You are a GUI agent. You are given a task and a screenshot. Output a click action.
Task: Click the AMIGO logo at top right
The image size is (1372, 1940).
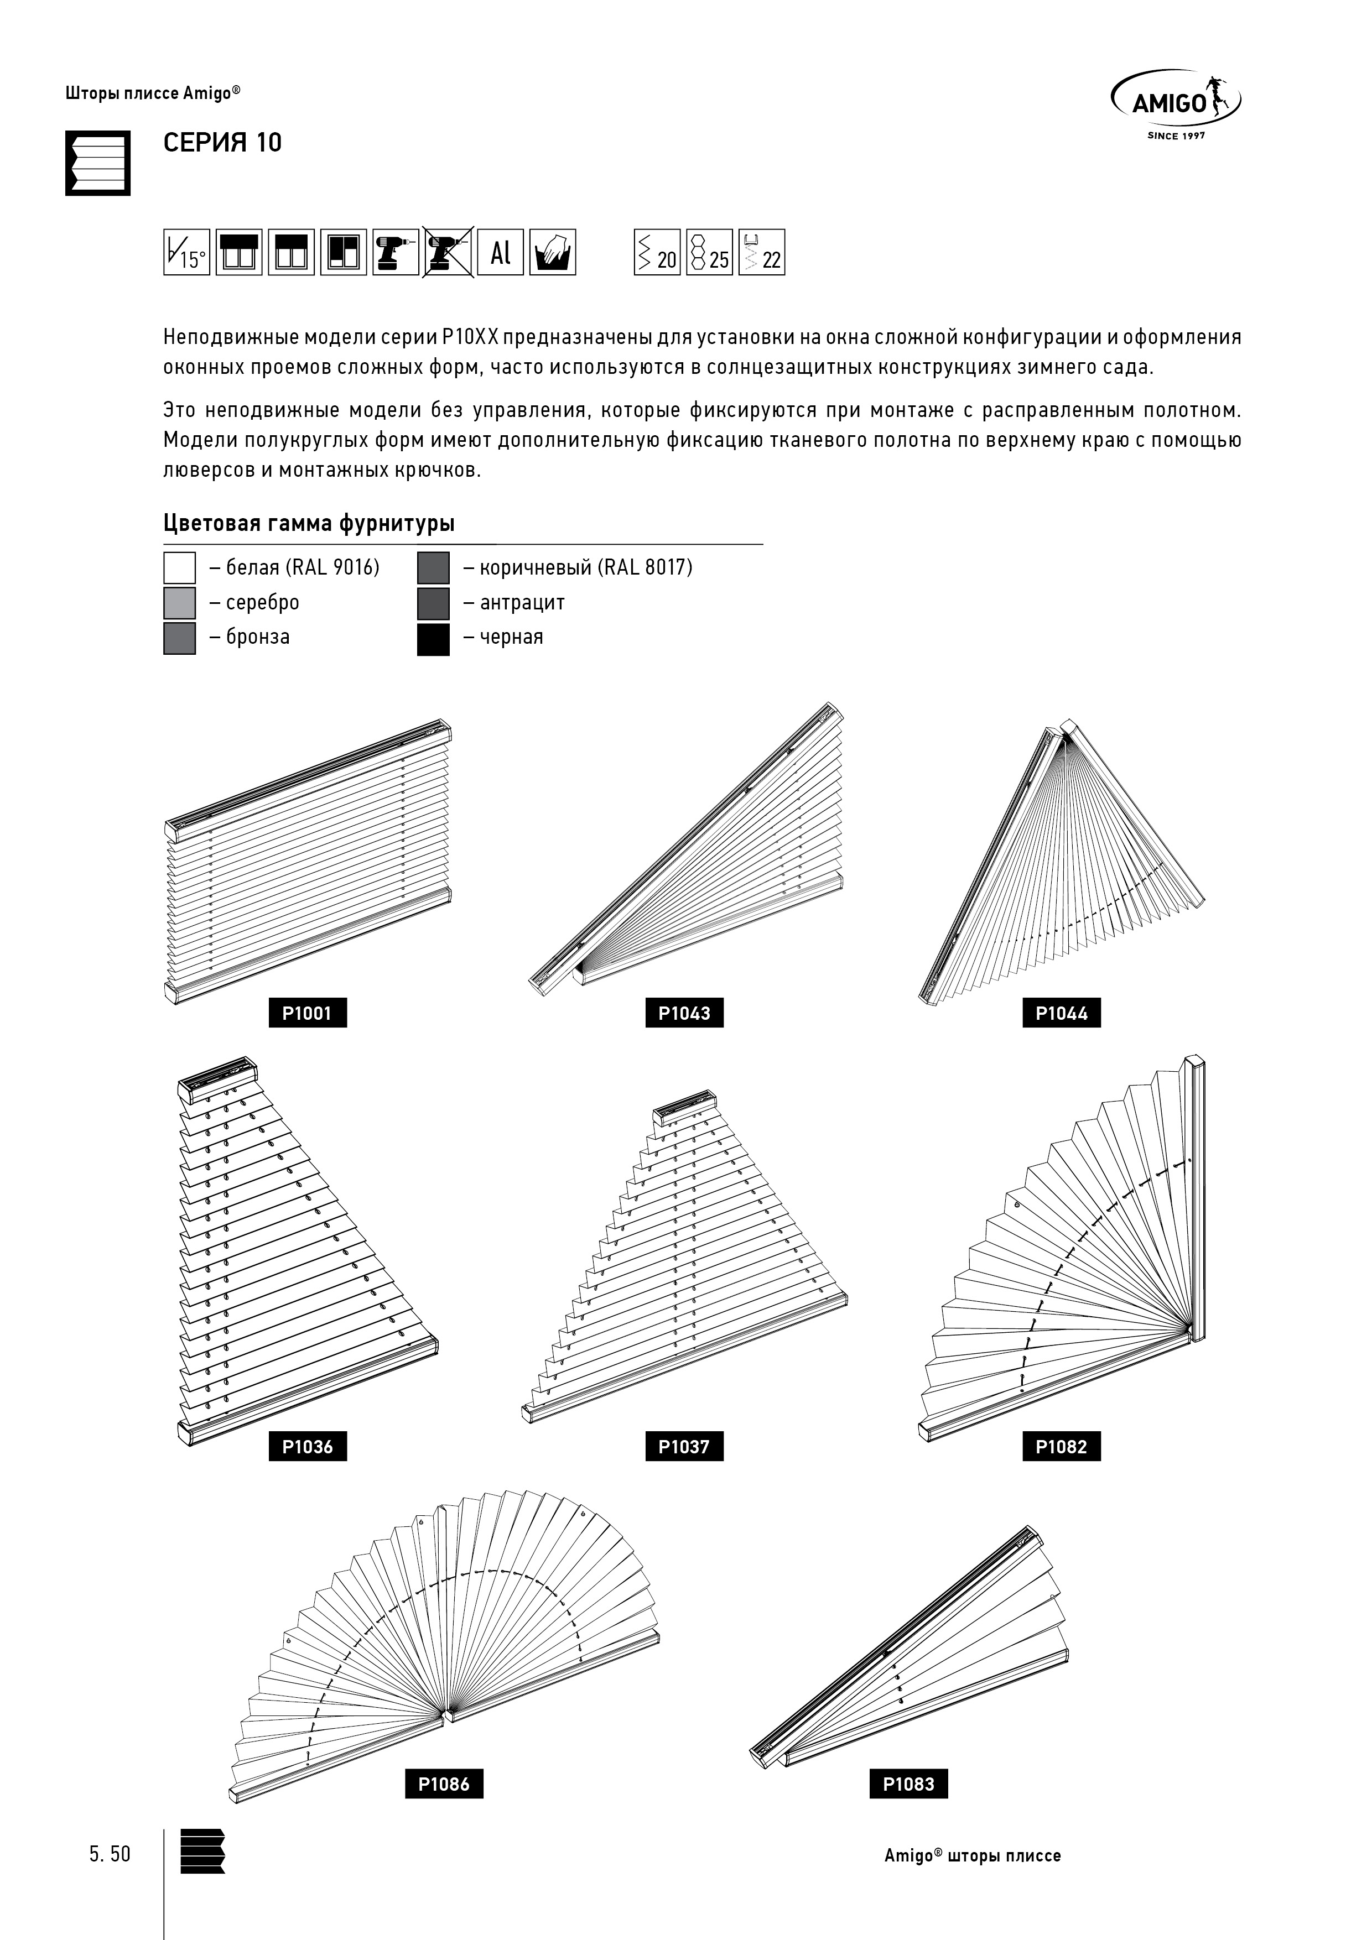click(x=1175, y=103)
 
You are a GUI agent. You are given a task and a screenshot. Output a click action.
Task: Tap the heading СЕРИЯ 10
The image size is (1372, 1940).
click(x=222, y=143)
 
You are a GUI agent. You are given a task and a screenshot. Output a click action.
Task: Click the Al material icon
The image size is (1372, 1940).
click(x=501, y=252)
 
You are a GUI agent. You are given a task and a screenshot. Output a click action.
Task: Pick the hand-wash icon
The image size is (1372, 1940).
click(x=553, y=252)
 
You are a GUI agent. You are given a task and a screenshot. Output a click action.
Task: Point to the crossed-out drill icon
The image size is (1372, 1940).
click(x=448, y=252)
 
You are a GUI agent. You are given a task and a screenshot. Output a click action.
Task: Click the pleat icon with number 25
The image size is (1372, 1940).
click(x=709, y=252)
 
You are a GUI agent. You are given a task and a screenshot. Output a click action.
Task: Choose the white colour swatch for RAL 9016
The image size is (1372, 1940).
click(x=179, y=568)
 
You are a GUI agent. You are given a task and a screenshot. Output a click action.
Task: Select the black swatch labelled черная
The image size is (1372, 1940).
click(x=433, y=638)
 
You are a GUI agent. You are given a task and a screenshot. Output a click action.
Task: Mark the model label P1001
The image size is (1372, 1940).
click(x=307, y=1013)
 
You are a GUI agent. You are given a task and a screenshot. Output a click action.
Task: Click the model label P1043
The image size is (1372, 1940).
click(x=684, y=1013)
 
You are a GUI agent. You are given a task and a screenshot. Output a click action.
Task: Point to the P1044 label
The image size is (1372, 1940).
click(x=1061, y=1013)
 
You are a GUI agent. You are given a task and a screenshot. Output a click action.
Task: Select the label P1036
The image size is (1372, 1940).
click(x=307, y=1447)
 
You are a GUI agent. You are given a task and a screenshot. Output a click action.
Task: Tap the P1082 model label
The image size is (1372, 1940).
click(x=1061, y=1447)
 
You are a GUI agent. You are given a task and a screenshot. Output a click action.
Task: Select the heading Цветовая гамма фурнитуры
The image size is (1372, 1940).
click(x=309, y=523)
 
